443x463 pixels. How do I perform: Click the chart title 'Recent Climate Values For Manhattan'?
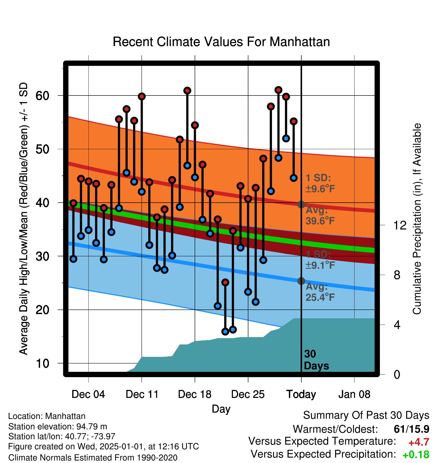tap(221, 42)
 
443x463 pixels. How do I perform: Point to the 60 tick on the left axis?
tap(42, 96)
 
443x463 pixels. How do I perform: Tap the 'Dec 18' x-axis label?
tap(195, 394)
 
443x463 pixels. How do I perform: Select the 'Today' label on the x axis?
tap(301, 395)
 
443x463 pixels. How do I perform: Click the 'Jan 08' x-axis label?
tap(354, 394)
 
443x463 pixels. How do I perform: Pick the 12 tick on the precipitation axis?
tap(400, 225)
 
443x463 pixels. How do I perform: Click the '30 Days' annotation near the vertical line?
tap(316, 360)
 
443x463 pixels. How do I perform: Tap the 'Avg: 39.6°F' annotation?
tap(320, 216)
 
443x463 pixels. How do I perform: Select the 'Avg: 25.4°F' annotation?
tap(320, 292)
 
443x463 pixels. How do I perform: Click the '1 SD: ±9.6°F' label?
tap(320, 183)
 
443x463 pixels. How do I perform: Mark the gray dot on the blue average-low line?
tap(301, 281)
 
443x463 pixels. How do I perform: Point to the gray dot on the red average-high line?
tap(301, 204)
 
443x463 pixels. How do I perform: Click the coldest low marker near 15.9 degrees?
tap(225, 332)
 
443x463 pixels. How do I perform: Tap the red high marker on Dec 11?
tap(142, 96)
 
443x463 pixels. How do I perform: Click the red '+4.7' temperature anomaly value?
tap(419, 442)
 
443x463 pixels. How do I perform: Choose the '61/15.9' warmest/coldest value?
tap(412, 429)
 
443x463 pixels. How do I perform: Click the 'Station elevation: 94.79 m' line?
tap(58, 427)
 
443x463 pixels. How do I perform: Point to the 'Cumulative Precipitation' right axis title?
tap(417, 219)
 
